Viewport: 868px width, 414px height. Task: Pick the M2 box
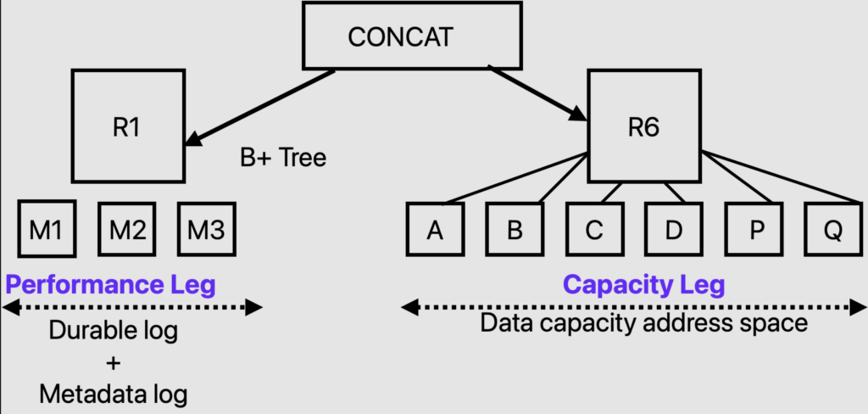(128, 229)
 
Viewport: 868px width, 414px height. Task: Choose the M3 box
(206, 229)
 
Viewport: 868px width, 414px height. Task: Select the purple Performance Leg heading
(110, 284)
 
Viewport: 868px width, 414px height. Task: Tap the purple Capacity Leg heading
(643, 284)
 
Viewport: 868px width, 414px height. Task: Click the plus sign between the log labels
(114, 363)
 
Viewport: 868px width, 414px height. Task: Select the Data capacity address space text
(643, 323)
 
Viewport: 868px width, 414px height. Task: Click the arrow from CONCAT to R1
(259, 107)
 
